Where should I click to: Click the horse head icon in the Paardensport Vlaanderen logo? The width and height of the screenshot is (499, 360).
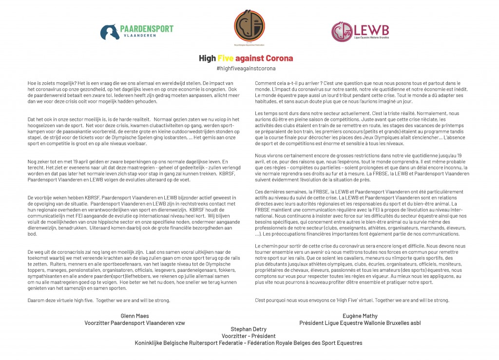coord(109,32)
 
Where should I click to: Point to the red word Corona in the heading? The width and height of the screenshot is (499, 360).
coord(278,58)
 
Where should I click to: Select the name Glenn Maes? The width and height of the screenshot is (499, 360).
coord(134,316)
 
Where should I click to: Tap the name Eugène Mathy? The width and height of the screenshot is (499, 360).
coord(360,316)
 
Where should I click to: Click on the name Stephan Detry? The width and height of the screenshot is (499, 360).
coord(249,329)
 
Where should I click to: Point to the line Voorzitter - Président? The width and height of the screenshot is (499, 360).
coord(249,336)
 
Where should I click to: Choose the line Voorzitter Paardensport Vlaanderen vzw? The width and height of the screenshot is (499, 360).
coord(134,323)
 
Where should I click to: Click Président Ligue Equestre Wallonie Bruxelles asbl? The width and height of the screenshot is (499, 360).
coord(360,323)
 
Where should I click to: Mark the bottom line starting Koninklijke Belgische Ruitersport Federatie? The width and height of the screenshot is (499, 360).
coord(249,343)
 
